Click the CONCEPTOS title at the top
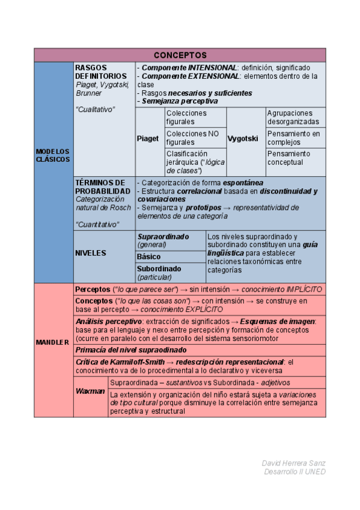click(180, 55)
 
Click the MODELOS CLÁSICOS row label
click(53, 155)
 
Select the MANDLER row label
click(53, 342)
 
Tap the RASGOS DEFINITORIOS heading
click(101, 72)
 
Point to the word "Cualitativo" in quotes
click(95, 109)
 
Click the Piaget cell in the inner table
click(148, 138)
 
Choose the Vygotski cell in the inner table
click(243, 138)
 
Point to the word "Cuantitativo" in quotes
click(97, 224)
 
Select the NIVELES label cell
click(91, 253)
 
